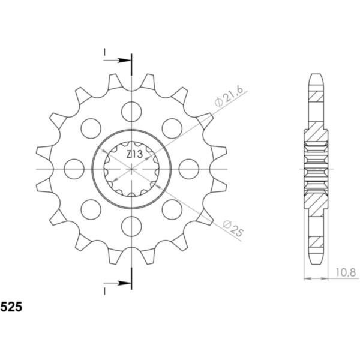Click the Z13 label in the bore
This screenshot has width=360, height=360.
click(134, 155)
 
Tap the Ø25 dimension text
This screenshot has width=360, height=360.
click(231, 229)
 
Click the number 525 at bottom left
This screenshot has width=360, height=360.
click(13, 308)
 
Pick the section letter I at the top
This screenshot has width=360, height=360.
click(105, 52)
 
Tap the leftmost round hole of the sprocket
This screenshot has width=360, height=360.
click(73, 169)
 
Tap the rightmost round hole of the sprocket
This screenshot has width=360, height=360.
click(188, 169)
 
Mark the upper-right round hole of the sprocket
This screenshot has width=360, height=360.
click(172, 128)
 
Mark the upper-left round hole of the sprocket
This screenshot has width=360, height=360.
click(90, 128)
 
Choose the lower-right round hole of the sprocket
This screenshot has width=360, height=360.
click(172, 209)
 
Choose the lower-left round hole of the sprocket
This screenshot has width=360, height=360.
click(90, 209)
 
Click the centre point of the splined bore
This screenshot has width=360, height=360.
click(131, 169)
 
